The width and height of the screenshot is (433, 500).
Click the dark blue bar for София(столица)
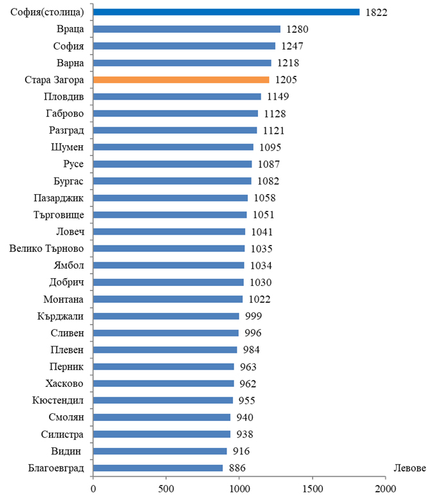[x=226, y=12]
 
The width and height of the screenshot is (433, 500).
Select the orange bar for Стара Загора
[x=181, y=80]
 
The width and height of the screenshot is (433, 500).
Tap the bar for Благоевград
[x=158, y=468]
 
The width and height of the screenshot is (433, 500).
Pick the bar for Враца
[x=187, y=29]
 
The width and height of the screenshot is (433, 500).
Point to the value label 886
[x=237, y=468]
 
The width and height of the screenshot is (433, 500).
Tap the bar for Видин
[x=160, y=451]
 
